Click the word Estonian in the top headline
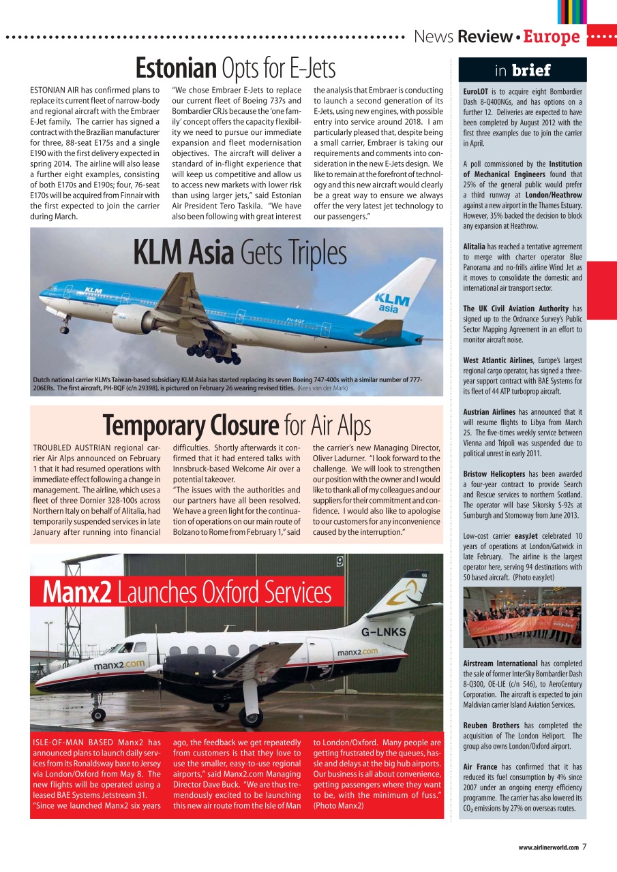pos(176,68)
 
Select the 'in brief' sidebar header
pos(522,70)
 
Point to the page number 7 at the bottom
pos(585,847)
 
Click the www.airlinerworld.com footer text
pos(548,847)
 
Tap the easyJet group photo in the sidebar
pos(522,617)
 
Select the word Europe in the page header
pos(552,37)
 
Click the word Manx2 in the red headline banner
pos(76,593)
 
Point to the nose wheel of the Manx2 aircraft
pos(98,715)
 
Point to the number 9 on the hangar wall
pos(340,562)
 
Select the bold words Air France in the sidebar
pos(480,766)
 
